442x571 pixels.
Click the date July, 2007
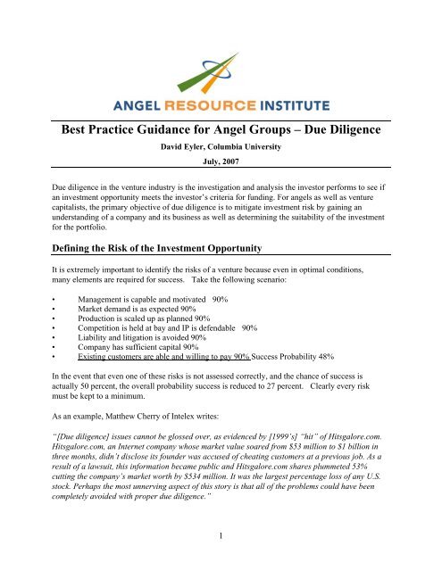coord(221,165)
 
